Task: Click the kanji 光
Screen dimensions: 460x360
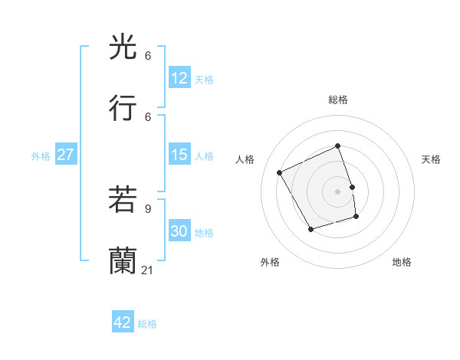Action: pyautogui.click(x=123, y=48)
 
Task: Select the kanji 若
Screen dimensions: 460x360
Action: pyautogui.click(x=123, y=200)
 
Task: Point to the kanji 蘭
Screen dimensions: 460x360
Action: pyautogui.click(x=123, y=260)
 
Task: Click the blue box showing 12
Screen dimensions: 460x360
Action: pyautogui.click(x=179, y=78)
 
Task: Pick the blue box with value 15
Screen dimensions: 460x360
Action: pyautogui.click(x=179, y=155)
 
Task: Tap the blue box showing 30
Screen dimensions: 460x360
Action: pyautogui.click(x=179, y=232)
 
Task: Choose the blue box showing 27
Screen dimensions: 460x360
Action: pyautogui.click(x=65, y=155)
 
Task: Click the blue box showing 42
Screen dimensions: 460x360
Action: pyautogui.click(x=123, y=322)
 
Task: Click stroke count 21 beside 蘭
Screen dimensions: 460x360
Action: pyautogui.click(x=148, y=270)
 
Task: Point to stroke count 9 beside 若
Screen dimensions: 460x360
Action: pyautogui.click(x=148, y=208)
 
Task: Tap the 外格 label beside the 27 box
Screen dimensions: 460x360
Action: pyautogui.click(x=41, y=156)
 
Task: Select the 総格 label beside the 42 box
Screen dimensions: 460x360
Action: pyautogui.click(x=147, y=324)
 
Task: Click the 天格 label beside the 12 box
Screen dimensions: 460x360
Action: pyautogui.click(x=204, y=79)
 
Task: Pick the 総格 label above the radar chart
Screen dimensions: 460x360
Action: pyautogui.click(x=338, y=100)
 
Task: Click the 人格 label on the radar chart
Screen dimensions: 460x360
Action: pyautogui.click(x=245, y=159)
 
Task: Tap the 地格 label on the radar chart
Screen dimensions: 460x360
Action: pyautogui.click(x=402, y=262)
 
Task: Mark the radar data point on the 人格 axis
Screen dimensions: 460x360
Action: pyautogui.click(x=280, y=172)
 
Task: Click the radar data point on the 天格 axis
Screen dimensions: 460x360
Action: pyautogui.click(x=352, y=187)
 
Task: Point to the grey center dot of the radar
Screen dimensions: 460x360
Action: pyautogui.click(x=338, y=191)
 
